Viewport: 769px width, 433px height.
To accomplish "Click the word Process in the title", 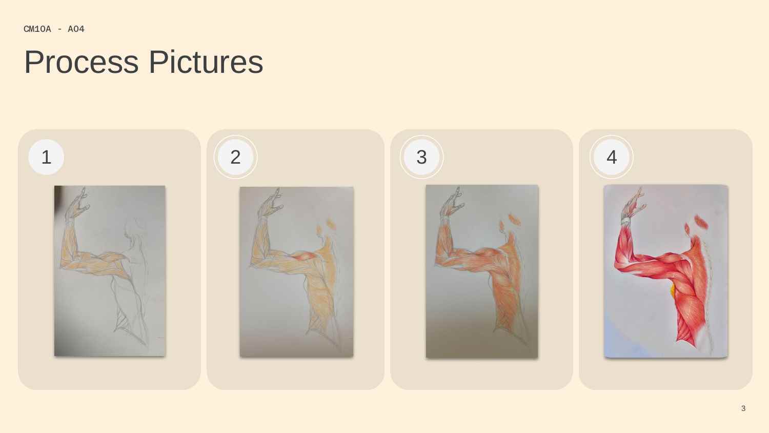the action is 82,62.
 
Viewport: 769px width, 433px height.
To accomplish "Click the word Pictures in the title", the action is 206,62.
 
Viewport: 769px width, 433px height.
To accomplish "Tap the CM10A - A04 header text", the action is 54,29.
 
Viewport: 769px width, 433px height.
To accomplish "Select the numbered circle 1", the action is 46,157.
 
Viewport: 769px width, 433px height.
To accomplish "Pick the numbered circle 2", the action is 235,157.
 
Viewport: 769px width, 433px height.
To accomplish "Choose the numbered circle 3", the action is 421,157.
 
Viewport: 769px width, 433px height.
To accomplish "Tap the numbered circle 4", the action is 612,157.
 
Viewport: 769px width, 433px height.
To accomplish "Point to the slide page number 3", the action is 743,408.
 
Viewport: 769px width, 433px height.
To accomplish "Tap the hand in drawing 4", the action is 633,204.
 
